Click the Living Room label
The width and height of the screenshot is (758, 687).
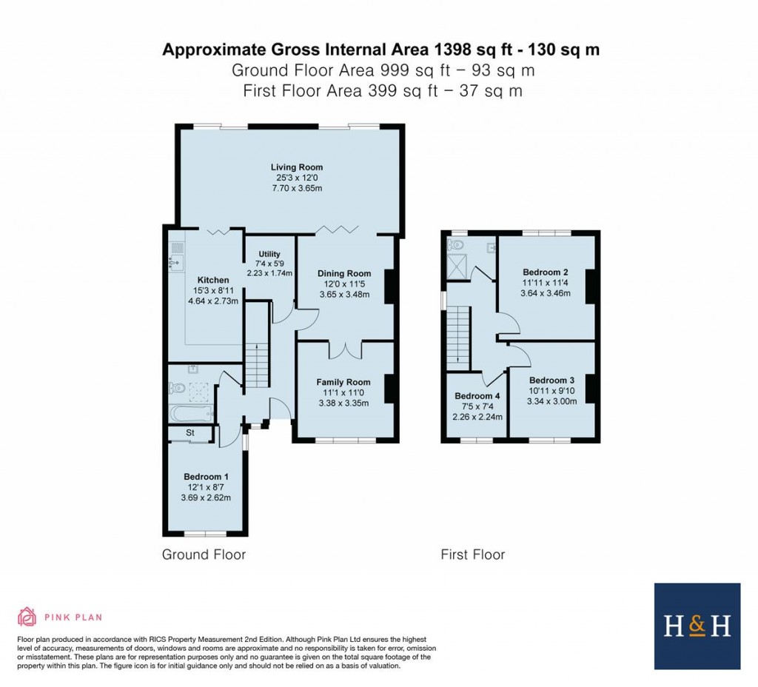coord(296,167)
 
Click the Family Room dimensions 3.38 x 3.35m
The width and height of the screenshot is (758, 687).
coord(343,403)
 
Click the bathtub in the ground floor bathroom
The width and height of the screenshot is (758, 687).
coord(190,413)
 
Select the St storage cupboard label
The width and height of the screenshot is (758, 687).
coord(190,432)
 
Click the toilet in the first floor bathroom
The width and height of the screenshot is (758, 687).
coord(455,244)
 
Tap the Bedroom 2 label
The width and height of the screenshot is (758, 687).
coord(545,272)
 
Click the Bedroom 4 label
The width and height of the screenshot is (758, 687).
coord(477,395)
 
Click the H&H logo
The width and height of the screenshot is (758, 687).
coord(697,626)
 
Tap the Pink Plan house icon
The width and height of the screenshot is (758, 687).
coord(27,616)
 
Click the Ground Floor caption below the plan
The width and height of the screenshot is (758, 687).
coord(204,554)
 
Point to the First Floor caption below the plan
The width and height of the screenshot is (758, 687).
coord(472,554)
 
